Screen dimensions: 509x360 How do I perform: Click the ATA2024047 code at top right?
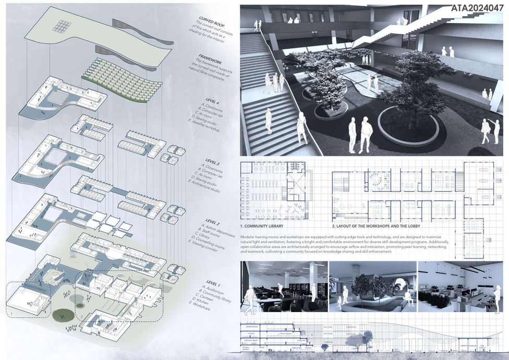point(478,8)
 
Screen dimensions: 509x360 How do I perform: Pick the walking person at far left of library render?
point(250,298)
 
